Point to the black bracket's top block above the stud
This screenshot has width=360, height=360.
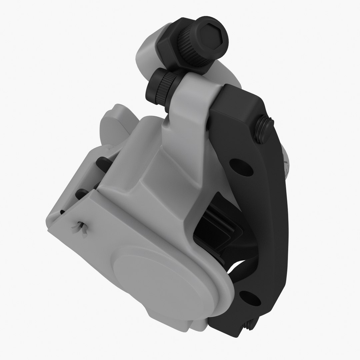[x=240, y=100]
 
